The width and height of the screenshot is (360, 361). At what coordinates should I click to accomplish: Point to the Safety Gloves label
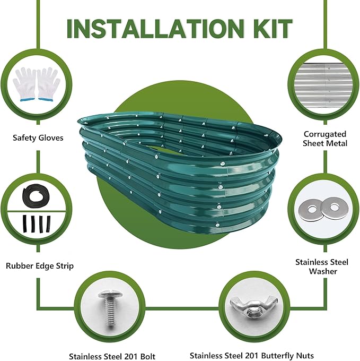pos(38,137)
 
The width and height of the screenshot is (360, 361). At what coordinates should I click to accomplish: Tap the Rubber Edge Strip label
pos(40,265)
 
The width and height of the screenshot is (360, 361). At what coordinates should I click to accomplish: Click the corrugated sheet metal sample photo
pos(324,85)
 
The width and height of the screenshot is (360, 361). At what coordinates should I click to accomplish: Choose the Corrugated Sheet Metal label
pos(325,139)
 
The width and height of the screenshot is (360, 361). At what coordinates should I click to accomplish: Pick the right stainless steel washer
pos(335,208)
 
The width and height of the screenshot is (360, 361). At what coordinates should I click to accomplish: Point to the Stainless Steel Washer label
pos(322,267)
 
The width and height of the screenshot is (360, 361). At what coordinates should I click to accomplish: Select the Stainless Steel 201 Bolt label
pos(112,356)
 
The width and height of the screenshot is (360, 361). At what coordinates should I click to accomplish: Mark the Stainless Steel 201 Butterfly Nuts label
pos(252,356)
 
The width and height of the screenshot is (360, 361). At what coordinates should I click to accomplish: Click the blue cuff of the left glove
pos(27,100)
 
